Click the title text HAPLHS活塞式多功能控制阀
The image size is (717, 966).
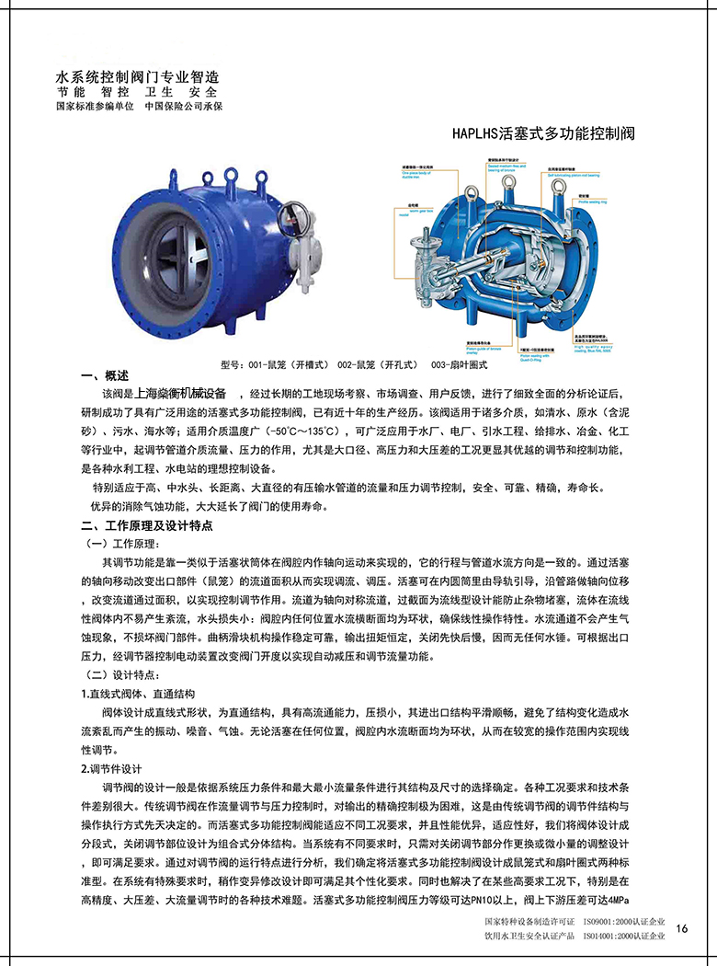click(543, 133)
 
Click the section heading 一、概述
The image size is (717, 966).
click(100, 375)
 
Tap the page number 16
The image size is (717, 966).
click(681, 927)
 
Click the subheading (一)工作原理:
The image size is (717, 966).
click(122, 544)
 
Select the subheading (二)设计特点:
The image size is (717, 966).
click(122, 675)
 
